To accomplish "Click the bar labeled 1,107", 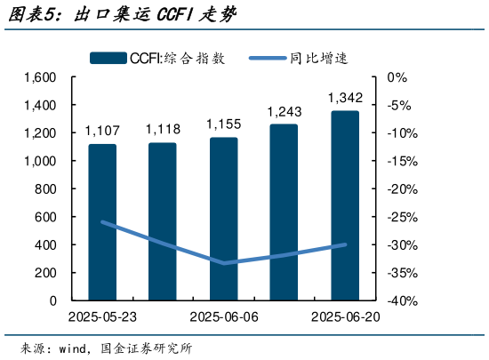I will pos(101,222).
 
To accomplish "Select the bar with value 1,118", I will pos(162,221).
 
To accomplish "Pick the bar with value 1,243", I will pos(284,212).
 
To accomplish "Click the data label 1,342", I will pos(345,97).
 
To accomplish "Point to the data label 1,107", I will pos(101,131).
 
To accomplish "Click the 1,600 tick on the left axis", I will pos(40,78).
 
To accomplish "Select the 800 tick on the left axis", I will pos(45,189).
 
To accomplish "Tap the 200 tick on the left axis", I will pos(45,273).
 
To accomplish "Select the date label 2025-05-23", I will pos(101,317).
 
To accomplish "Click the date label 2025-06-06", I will pos(223,317).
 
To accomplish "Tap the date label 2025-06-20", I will pos(345,317).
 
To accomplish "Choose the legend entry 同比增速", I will pos(317,59).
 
